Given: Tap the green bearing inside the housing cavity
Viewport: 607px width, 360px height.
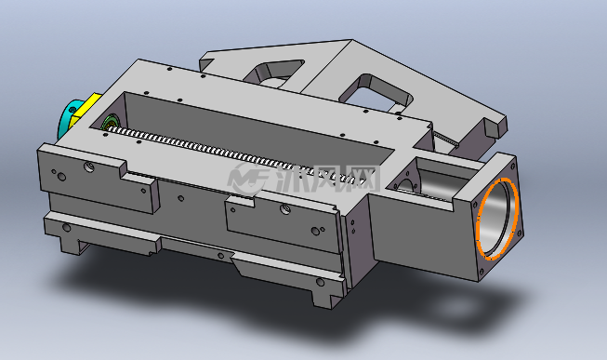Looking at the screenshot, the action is (x=110, y=122).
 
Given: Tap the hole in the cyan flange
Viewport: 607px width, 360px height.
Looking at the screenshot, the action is (x=73, y=110).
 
